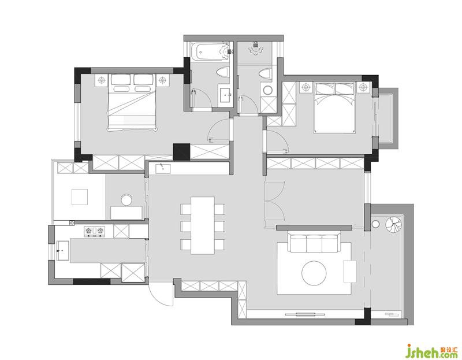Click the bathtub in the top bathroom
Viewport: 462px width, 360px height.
click(x=210, y=51)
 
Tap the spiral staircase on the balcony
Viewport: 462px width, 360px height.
click(x=393, y=225)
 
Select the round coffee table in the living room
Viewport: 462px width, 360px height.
click(x=314, y=273)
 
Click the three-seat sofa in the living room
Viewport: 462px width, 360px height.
click(x=314, y=243)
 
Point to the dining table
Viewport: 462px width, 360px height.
click(x=203, y=225)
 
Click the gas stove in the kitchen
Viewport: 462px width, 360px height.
click(x=94, y=232)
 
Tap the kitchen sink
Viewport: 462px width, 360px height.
click(x=62, y=251)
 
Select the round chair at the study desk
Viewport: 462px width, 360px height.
click(x=127, y=199)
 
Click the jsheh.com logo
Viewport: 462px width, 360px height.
click(x=432, y=351)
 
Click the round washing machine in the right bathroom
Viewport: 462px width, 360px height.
click(x=268, y=90)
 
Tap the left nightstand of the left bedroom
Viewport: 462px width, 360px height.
click(x=102, y=80)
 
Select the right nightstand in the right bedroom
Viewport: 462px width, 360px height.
click(x=364, y=87)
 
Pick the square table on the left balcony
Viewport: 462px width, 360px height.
click(x=80, y=196)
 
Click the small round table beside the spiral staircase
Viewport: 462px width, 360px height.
click(x=375, y=224)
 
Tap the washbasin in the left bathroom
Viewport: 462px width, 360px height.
click(x=226, y=95)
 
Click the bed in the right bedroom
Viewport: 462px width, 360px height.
click(x=334, y=107)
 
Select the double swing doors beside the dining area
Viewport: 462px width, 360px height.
click(x=274, y=201)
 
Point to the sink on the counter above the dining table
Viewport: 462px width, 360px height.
click(x=163, y=168)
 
